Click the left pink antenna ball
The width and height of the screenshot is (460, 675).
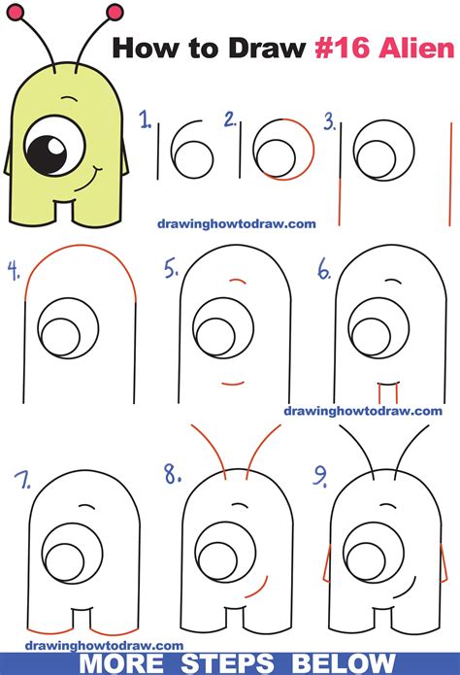pyautogui.click(x=15, y=13)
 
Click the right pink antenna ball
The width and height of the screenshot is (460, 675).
pyautogui.click(x=115, y=13)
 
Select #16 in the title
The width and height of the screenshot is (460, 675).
pyautogui.click(x=343, y=49)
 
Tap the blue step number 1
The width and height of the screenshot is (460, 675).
pyautogui.click(x=146, y=119)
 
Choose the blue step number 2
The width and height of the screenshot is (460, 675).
pyautogui.click(x=230, y=119)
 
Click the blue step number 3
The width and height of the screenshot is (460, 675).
pyautogui.click(x=330, y=121)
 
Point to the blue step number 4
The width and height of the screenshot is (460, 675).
pyautogui.click(x=14, y=271)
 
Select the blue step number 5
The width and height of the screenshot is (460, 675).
pyautogui.click(x=171, y=269)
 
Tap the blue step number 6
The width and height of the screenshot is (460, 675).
pyautogui.click(x=324, y=269)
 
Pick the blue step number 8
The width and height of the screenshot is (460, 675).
pyautogui.click(x=173, y=474)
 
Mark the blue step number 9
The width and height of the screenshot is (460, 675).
pyautogui.click(x=320, y=477)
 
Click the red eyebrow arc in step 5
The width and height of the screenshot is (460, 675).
pyautogui.click(x=238, y=281)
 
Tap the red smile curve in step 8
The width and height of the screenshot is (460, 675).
pyautogui.click(x=258, y=588)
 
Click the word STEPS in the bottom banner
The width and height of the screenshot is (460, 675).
pyautogui.click(x=228, y=663)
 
